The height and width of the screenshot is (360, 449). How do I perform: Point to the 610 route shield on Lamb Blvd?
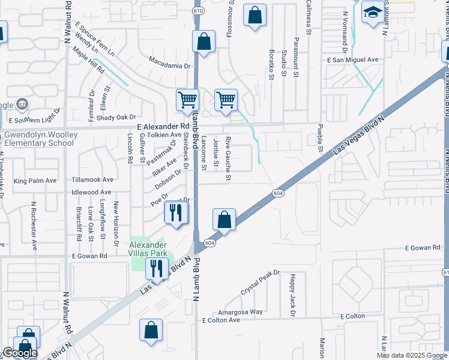click(197, 11)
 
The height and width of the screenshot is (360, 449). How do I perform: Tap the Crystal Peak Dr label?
click(260, 281)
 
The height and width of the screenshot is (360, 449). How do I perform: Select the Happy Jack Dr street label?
click(292, 295)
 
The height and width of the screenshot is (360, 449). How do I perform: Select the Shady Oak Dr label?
click(116, 117)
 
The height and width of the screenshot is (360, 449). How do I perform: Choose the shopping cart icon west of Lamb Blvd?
click(187, 99)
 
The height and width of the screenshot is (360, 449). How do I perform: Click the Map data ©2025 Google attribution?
click(412, 355)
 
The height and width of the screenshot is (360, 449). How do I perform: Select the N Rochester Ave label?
click(35, 234)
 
